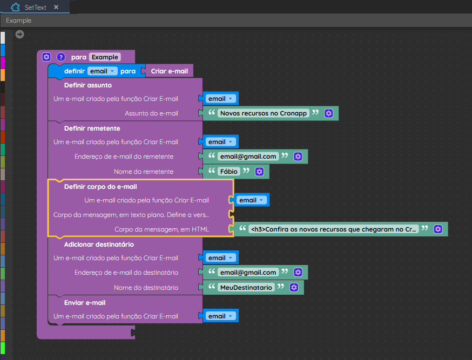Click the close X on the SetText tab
[x=56, y=7]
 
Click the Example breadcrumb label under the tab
[x=19, y=21]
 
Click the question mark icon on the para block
[x=61, y=57]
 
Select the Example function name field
[x=105, y=57]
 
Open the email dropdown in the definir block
[x=102, y=71]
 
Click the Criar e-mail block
[x=169, y=71]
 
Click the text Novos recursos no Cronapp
[x=264, y=113]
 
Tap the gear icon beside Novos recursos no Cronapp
[x=328, y=113]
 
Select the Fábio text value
[x=229, y=172]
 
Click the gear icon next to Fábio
[x=259, y=172]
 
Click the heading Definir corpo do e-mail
[x=100, y=186]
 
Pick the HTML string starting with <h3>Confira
[x=334, y=229]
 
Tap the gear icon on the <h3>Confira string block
[x=438, y=229]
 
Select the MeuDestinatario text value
[x=246, y=288]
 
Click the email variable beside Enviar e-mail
[x=220, y=316]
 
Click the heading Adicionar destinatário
[x=99, y=244]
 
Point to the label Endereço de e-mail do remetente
[x=124, y=157]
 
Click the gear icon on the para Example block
[x=46, y=57]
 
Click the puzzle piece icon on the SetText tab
[x=15, y=7]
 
